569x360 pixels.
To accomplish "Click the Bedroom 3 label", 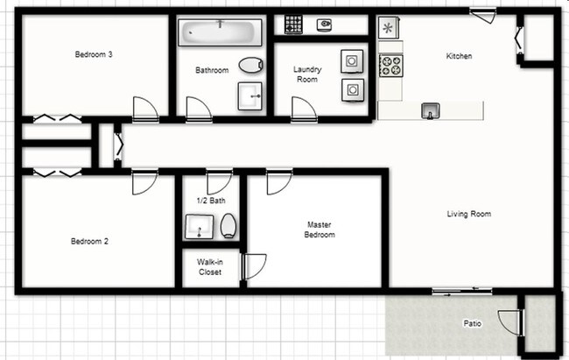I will click(94, 54).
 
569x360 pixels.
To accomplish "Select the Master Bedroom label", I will click(320, 229).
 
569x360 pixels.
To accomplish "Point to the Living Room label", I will click(469, 214).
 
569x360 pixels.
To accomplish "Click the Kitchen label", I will click(460, 56).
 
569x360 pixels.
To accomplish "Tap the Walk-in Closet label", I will click(209, 267).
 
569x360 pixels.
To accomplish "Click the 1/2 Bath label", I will click(211, 201).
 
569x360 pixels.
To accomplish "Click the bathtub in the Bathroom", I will click(221, 34).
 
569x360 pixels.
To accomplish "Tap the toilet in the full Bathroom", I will click(250, 65).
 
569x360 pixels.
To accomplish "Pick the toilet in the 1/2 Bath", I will click(229, 227).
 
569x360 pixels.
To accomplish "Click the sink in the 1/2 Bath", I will click(199, 227).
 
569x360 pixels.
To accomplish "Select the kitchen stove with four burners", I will click(390, 64).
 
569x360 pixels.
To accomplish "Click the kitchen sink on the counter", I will click(430, 109).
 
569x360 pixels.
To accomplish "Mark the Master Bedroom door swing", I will click(278, 181).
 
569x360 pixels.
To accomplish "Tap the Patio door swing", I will click(509, 321).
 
